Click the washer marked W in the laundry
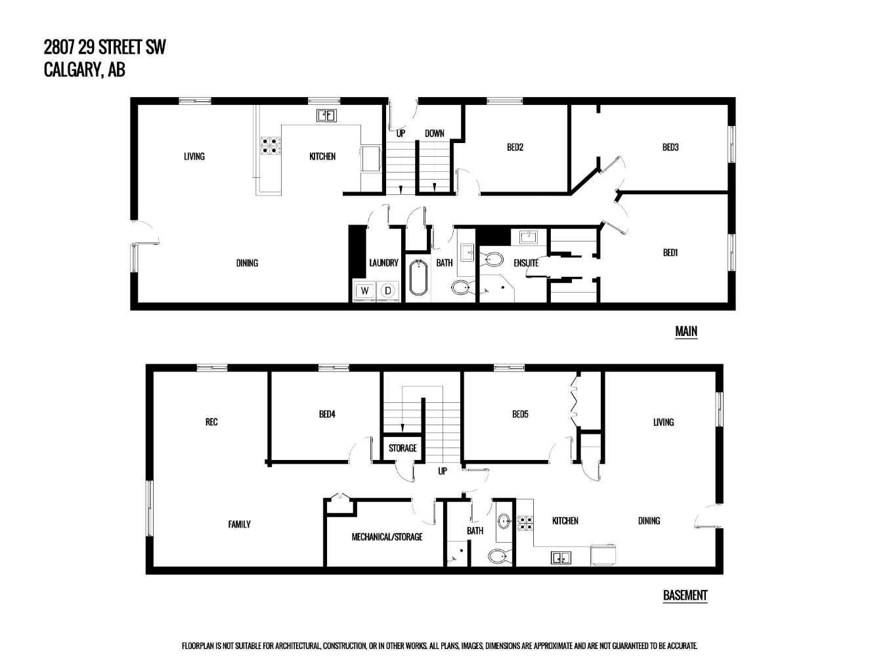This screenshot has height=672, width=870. coord(364,291)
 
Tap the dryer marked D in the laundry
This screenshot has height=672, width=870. coord(387,291)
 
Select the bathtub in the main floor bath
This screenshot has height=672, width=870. coord(419,278)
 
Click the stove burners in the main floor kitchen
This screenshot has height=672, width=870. coord(271,146)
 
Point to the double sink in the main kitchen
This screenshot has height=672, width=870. coord(327,115)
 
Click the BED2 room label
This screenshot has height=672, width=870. coord(515,147)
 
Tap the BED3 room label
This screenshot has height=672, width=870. coord(670,147)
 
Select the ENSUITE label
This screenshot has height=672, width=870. coord(526,262)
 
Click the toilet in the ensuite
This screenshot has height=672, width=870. coord(492,259)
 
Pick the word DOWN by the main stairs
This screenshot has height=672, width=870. coord(435,133)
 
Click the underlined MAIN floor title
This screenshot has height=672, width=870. coord(686,331)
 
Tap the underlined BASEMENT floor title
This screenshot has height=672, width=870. coord(685,595)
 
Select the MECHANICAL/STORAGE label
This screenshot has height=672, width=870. coord(387,537)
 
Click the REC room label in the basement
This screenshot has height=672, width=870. coord(211,421)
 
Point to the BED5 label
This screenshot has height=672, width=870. coord(520,414)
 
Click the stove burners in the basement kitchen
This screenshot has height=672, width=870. coord(525,523)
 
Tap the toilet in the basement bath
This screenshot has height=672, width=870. coord(499,556)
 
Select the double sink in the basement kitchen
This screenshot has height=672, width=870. coord(561,557)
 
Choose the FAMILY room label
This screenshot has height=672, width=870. coord(240,524)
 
